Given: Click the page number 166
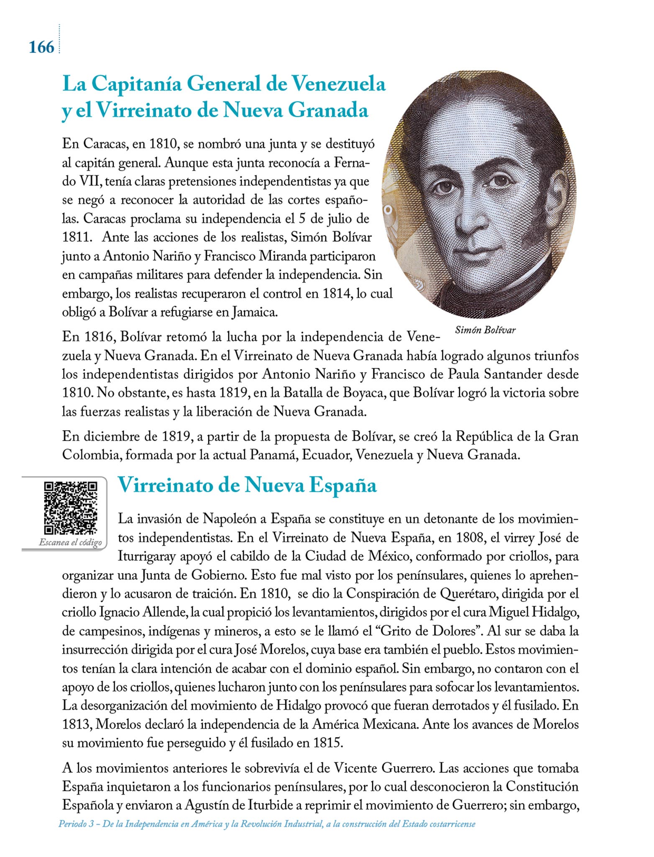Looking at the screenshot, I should point(41,47).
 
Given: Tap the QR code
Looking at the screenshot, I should point(71,508).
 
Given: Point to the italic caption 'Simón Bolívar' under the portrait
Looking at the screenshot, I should point(485,330).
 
